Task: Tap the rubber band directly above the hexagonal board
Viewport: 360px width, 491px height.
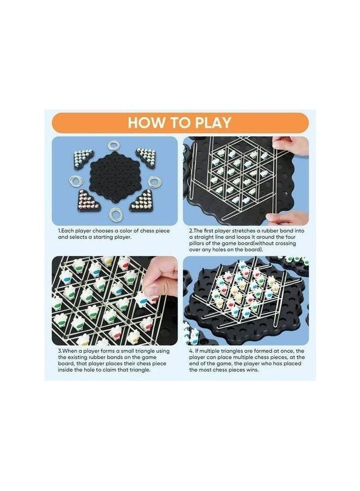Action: pyautogui.click(x=114, y=145)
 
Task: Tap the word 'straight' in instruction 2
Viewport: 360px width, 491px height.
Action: pyautogui.click(x=198, y=237)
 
